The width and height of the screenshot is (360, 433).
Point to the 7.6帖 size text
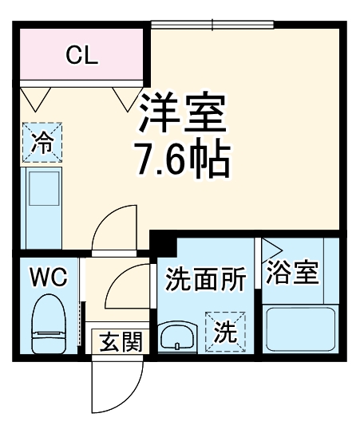coord(184,162)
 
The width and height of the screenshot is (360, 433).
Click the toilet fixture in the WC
coord(48,323)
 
